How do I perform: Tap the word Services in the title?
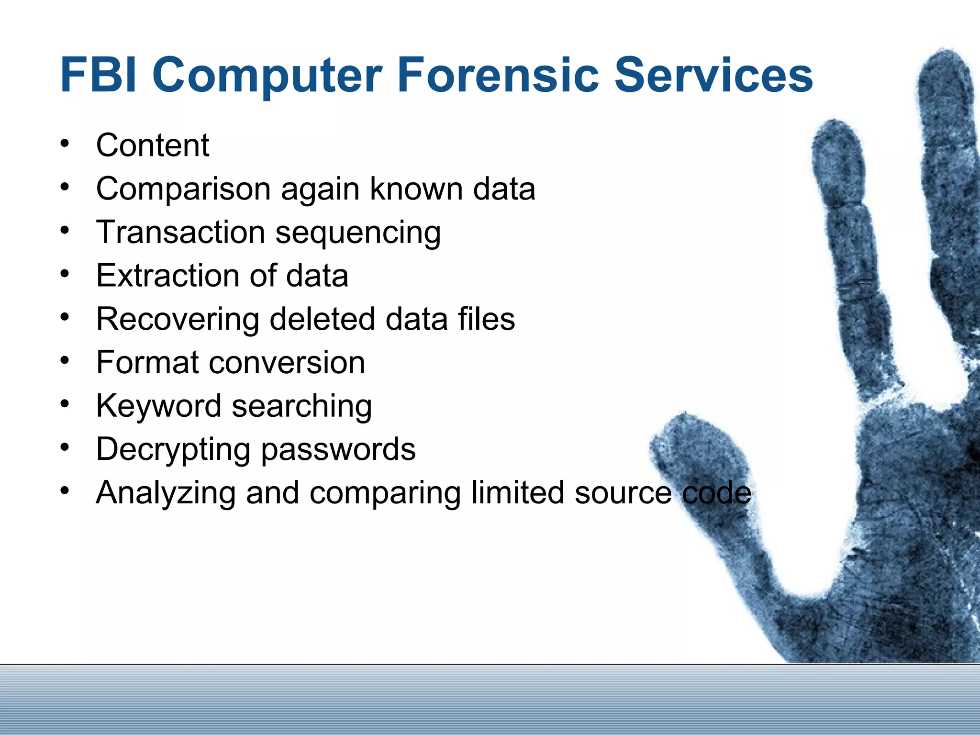tap(713, 75)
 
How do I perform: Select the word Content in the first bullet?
tap(153, 145)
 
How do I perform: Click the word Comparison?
tap(182, 189)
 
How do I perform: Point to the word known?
tap(416, 189)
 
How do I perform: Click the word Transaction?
tap(180, 232)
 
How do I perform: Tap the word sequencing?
tap(358, 234)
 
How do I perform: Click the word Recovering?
tap(177, 320)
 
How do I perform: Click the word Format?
tap(147, 362)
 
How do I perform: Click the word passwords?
tap(338, 450)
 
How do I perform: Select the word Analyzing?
tap(165, 493)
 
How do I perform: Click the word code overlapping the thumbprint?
tap(716, 493)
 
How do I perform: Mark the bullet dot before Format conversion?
tap(65, 360)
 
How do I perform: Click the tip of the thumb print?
tap(684, 421)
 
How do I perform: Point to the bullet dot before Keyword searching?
tap(65, 403)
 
